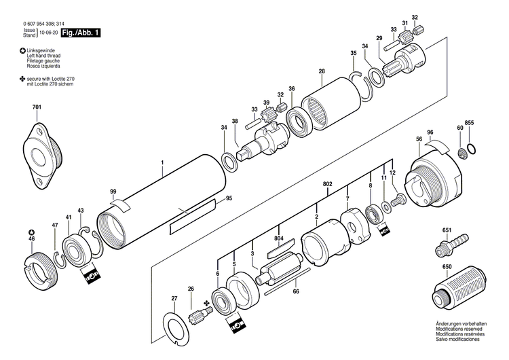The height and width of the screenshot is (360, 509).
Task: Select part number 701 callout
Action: [36, 107]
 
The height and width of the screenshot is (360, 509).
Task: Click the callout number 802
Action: [328, 184]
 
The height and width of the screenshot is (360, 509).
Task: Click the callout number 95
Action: [229, 198]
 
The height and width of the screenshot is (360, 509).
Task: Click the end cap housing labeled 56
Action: [434, 180]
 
